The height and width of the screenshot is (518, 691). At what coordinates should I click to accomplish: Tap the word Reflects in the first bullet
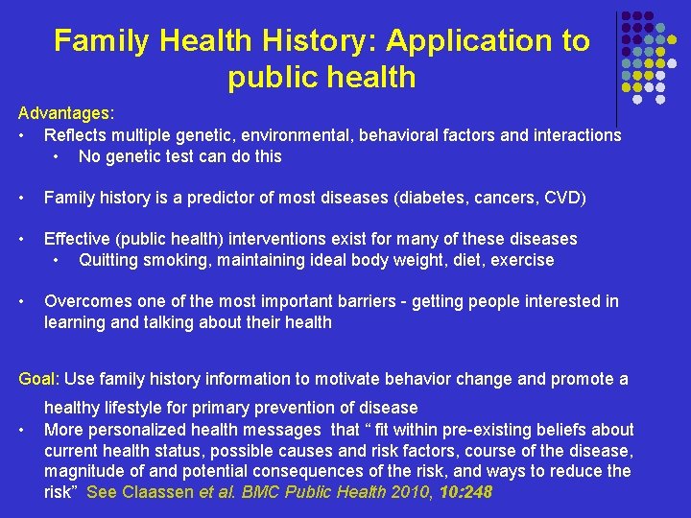coord(76,135)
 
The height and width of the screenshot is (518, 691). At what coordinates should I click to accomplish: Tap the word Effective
coord(80,239)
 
